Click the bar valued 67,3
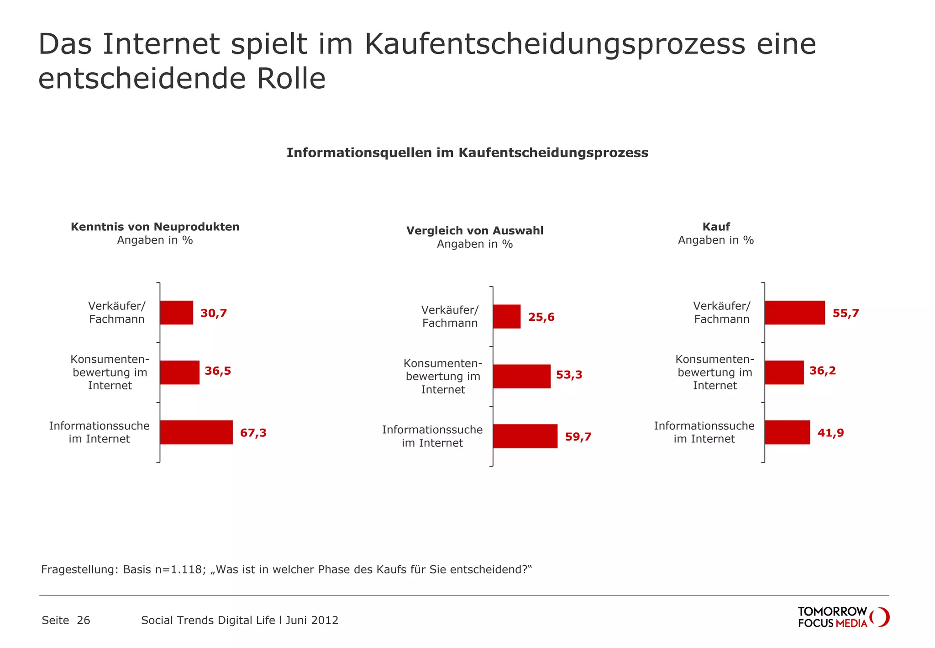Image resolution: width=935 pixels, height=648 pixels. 196,432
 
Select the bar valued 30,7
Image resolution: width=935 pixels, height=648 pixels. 177,313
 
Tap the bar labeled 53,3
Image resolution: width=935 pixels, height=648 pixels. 522,376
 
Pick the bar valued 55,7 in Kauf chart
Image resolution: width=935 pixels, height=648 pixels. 795,313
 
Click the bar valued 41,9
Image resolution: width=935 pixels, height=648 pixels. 788,432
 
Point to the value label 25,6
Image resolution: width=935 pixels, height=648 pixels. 541,317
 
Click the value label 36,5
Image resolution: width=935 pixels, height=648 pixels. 218,371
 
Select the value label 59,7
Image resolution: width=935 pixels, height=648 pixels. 578,437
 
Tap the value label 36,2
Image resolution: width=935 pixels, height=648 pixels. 823,371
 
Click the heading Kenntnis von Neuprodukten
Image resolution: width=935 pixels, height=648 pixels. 155,227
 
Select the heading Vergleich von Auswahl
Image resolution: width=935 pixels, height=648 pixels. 475,231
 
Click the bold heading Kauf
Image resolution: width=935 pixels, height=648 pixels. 716,227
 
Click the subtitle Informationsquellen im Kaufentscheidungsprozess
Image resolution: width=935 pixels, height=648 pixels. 467,153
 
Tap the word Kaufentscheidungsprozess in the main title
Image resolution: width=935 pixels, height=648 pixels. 554,44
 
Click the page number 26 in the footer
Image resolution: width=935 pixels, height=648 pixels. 84,620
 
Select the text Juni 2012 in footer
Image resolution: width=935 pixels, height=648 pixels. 312,620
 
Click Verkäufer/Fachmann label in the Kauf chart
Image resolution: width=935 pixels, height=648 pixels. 721,313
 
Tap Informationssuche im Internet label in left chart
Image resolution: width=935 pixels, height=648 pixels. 100,432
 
